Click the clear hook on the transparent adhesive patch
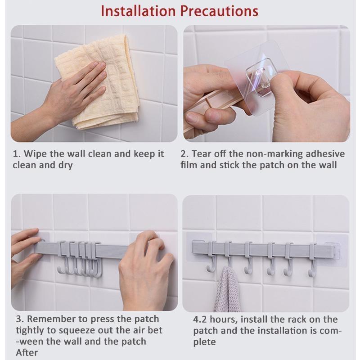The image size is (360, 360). (258, 72)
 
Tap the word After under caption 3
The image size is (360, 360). (27, 353)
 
